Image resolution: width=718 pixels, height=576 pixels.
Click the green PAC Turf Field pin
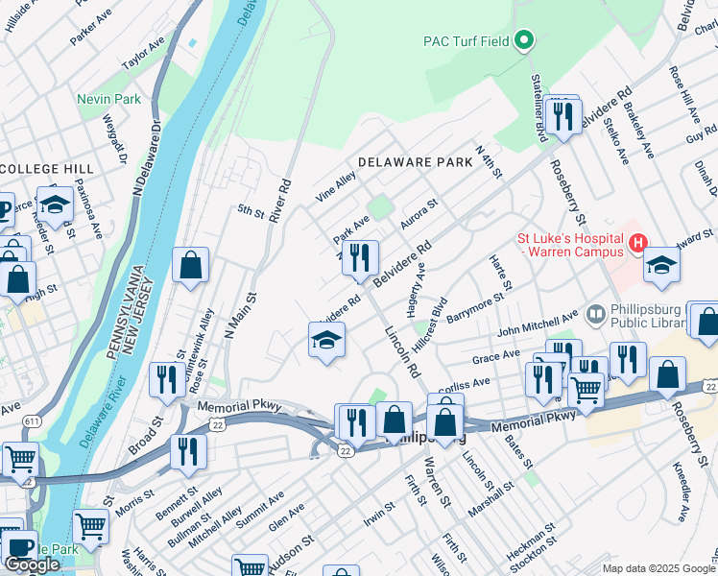[523, 40]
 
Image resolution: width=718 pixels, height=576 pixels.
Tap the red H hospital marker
[637, 245]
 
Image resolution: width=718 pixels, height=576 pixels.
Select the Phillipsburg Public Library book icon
[595, 314]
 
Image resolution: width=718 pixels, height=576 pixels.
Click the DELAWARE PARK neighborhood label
[416, 162]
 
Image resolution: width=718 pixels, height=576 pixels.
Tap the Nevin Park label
[109, 99]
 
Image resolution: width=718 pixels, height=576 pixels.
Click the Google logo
[32, 564]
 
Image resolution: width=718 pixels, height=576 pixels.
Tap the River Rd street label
[280, 200]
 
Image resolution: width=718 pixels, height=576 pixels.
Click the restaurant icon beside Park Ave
[361, 257]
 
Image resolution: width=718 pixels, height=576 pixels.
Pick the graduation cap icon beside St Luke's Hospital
[661, 265]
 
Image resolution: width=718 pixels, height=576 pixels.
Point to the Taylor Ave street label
[144, 57]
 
